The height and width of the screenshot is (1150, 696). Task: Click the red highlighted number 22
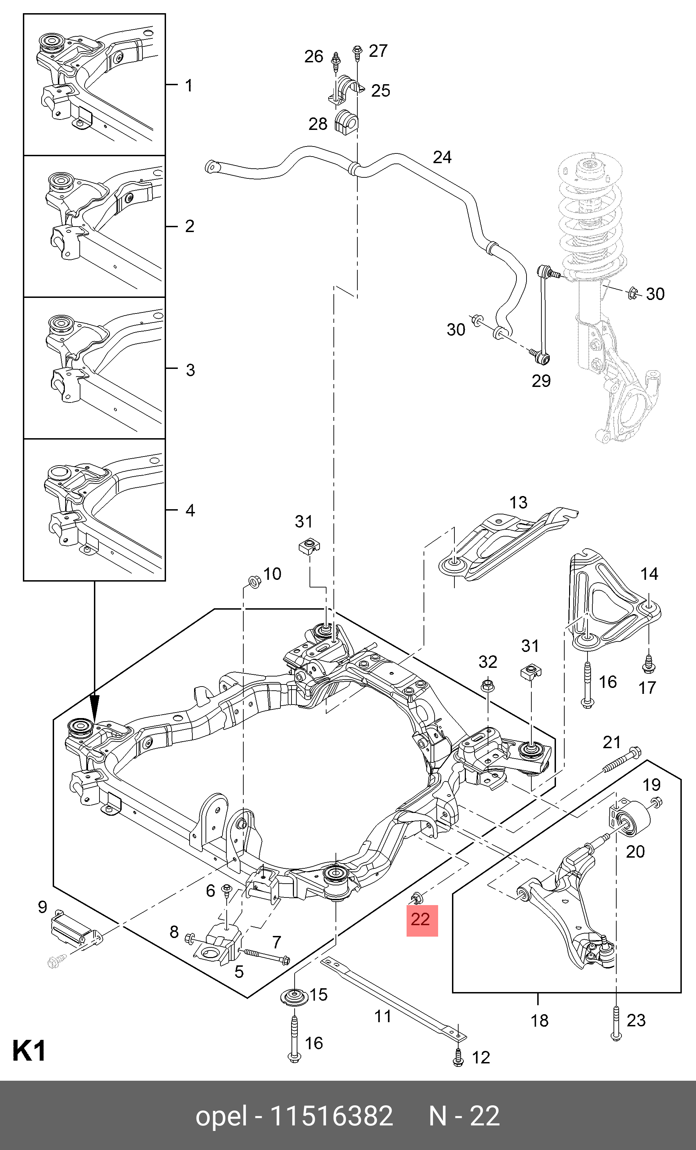[422, 920]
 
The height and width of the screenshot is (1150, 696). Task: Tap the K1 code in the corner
[29, 1051]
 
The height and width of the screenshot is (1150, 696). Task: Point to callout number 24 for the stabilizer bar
[442, 157]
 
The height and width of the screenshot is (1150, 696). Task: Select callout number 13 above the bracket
[518, 502]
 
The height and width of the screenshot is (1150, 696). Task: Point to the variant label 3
[190, 370]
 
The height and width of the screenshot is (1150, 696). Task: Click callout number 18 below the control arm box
[540, 1021]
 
